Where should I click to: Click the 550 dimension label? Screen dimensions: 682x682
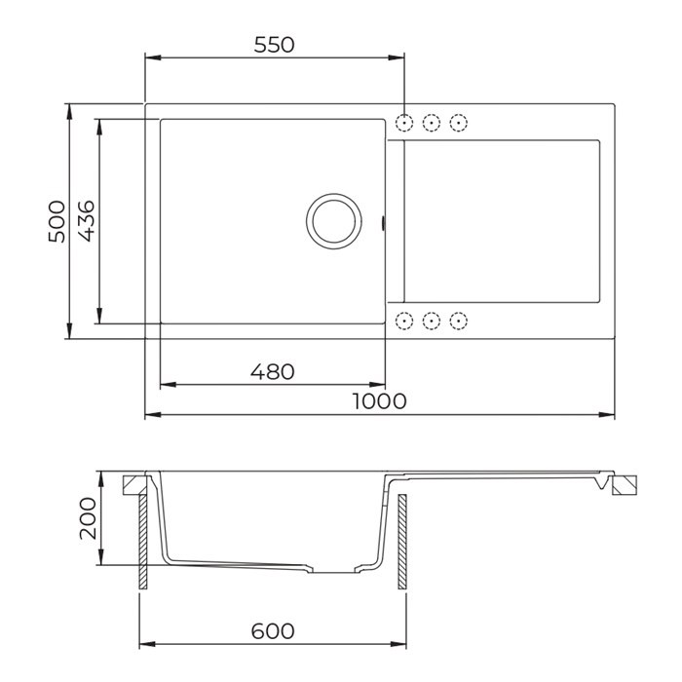coord(273,45)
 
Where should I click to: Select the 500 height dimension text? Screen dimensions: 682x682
coord(57,221)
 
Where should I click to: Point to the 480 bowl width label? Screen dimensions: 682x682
coord(272,371)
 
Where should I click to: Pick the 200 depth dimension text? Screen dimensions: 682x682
coord(87,518)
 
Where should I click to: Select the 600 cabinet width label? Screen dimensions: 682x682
coord(272,630)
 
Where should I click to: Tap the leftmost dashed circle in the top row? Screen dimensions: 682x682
coord(406,123)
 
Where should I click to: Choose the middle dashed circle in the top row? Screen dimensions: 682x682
coord(434,123)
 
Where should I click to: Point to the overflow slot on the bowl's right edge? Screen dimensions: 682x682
coord(385,223)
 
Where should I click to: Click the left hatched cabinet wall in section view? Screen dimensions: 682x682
coord(143,542)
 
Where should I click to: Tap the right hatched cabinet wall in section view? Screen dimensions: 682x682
coord(400,542)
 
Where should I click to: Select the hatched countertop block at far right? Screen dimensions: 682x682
coord(625,486)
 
